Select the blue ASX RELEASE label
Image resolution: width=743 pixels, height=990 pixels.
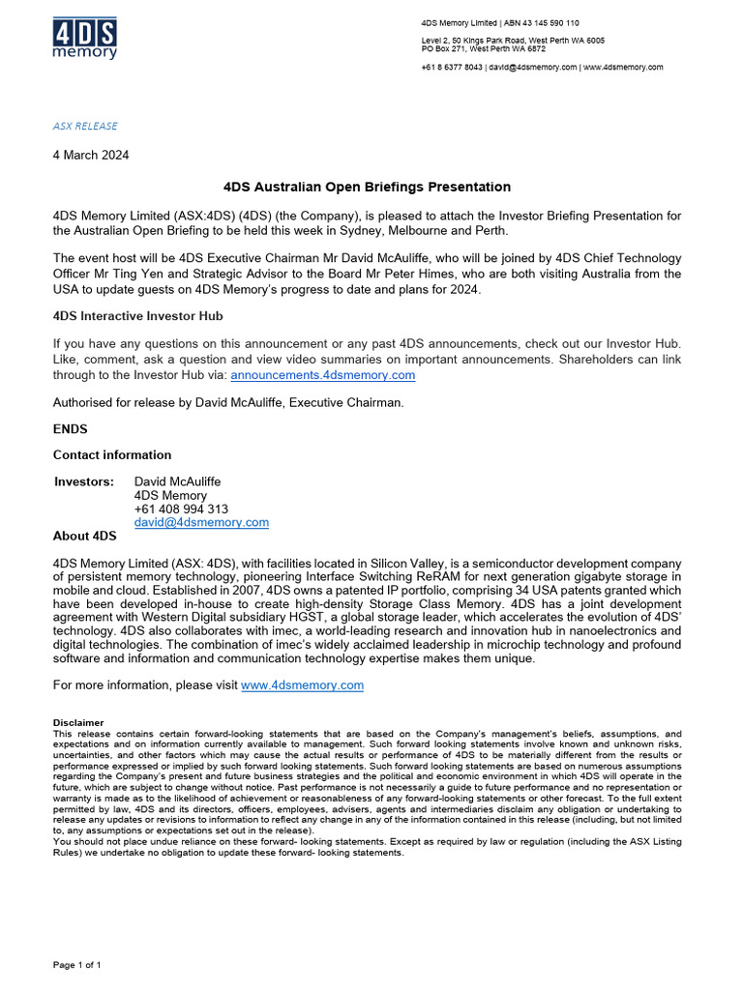tap(85, 126)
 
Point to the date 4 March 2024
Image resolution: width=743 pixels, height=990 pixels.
tap(91, 155)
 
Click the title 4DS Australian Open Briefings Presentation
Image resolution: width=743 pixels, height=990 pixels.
tap(367, 187)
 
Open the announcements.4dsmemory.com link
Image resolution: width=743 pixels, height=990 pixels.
tap(322, 375)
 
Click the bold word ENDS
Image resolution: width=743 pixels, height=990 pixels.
tap(70, 428)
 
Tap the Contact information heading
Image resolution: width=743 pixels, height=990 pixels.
tap(112, 454)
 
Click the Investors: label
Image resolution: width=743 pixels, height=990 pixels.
tap(84, 481)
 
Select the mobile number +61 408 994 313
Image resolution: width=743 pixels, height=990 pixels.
tap(181, 509)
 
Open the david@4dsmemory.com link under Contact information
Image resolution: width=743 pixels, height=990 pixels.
tap(201, 522)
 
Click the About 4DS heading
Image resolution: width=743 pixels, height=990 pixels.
tap(85, 536)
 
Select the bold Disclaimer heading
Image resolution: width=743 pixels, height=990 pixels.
tap(77, 723)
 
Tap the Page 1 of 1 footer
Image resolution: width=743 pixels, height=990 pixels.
tap(77, 965)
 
